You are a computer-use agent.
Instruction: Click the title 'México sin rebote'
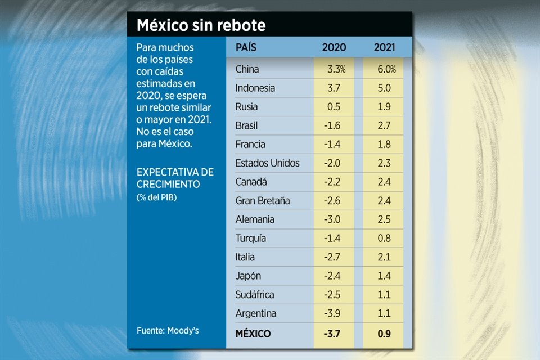coord(201,26)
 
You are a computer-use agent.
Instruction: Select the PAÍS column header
coord(246,48)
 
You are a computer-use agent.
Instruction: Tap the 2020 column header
coord(334,48)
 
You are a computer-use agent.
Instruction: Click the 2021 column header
coord(385,48)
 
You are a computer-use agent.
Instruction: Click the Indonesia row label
coord(255,88)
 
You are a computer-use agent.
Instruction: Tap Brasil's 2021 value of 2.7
coord(385,126)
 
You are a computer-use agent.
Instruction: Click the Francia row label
coord(251,145)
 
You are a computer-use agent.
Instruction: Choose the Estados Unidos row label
coord(268,164)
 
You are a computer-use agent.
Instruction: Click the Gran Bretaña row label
coord(263,201)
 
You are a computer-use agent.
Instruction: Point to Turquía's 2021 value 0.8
coord(385,238)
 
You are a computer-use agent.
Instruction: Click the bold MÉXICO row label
coord(253,334)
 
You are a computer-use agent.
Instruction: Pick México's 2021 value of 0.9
coord(385,334)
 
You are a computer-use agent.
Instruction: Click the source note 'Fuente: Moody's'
coord(168,331)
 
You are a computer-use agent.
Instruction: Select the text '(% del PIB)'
coord(156,197)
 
